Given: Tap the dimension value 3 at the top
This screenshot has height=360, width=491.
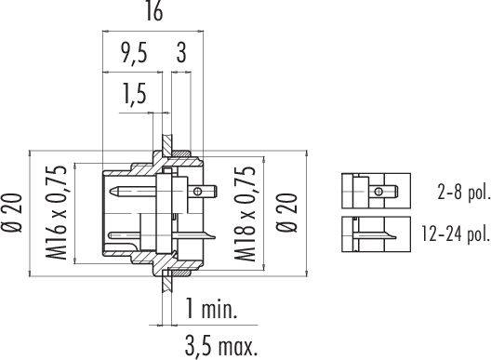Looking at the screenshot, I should [x=179, y=55].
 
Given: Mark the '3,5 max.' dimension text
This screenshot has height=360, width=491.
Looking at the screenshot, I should [x=219, y=346].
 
